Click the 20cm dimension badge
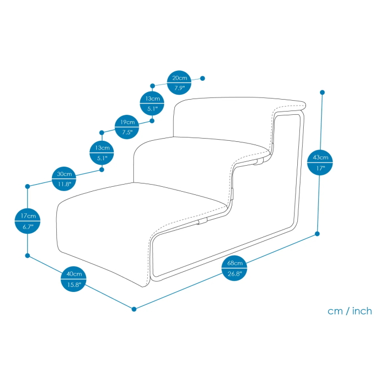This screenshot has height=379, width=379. tap(179, 83)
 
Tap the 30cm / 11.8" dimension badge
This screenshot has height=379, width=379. tap(64, 179)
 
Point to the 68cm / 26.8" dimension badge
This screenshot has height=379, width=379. tap(234, 268)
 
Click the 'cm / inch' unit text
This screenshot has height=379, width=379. tap(350, 311)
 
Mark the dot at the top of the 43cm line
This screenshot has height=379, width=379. tap(322, 92)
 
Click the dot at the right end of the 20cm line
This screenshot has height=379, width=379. tap(202, 78)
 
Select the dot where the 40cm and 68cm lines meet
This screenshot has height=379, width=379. tap(134, 309)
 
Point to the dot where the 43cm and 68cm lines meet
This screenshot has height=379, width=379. tap(317, 234)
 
